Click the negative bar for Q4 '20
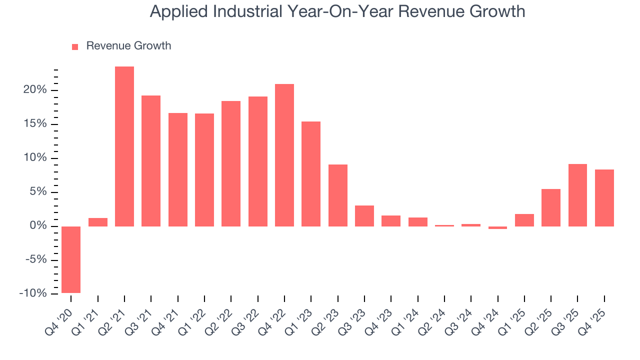(x=71, y=259)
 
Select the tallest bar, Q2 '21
(x=124, y=146)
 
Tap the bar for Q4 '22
(x=284, y=155)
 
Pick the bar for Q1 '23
(x=311, y=174)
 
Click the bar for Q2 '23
(x=338, y=195)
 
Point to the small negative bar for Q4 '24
(x=497, y=227)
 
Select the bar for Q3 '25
(x=577, y=195)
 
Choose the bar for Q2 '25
(x=551, y=207)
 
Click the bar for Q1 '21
(x=98, y=222)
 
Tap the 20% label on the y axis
(x=35, y=90)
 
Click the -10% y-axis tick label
(x=33, y=293)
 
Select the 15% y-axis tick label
(x=35, y=124)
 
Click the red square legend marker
(x=75, y=47)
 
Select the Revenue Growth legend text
(x=128, y=46)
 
